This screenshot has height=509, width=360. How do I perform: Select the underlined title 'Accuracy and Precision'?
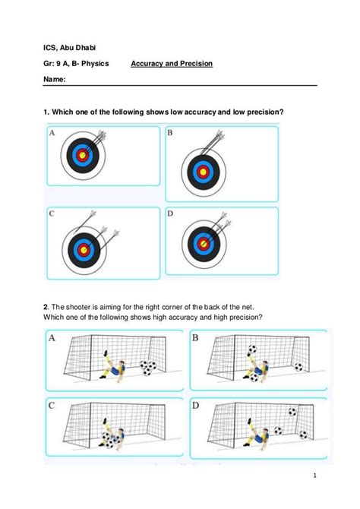pos(172,64)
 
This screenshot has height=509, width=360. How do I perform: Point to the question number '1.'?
pos(47,112)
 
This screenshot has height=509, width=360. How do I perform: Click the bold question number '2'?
pos(46,307)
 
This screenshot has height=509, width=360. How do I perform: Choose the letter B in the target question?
pos(170,133)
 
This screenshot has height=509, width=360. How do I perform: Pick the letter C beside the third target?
pos(52,213)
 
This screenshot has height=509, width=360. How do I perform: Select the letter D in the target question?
pos(170,213)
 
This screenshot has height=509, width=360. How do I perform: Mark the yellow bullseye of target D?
pos(202,244)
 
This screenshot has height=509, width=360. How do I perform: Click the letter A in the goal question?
pos(52,337)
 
